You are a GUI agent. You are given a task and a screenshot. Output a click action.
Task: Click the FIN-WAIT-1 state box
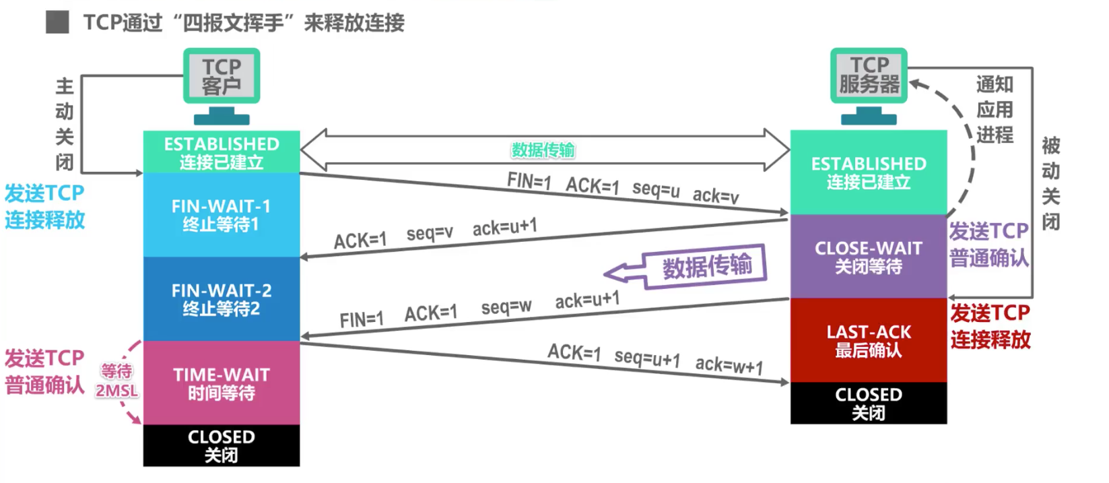point(221,215)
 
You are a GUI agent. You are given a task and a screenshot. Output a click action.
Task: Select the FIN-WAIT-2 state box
point(221,299)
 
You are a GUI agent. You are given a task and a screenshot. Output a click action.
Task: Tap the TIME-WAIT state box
point(221,383)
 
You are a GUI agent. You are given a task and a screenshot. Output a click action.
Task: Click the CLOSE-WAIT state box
point(868,257)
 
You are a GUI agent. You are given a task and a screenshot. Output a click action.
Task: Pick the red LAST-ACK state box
point(868,340)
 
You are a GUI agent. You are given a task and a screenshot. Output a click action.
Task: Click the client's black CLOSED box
point(221,445)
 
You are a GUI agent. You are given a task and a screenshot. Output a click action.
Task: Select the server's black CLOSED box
point(868,403)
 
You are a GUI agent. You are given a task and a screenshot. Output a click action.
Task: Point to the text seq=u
point(655,189)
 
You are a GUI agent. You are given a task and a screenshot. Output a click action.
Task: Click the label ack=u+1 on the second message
point(504,227)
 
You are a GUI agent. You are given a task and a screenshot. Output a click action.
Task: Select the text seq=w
point(506,307)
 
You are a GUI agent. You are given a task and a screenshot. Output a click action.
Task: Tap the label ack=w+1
point(729,365)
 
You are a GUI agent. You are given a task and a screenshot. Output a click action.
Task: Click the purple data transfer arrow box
point(704,266)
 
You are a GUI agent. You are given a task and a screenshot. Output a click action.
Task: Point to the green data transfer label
point(543,150)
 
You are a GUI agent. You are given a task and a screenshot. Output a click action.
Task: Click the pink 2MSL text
point(116,391)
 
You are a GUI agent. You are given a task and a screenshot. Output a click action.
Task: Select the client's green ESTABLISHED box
point(221,152)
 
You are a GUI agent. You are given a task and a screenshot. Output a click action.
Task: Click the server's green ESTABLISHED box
point(868,172)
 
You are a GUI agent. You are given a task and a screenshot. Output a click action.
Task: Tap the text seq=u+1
point(646,358)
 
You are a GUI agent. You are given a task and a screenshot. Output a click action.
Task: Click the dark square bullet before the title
point(57,22)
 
